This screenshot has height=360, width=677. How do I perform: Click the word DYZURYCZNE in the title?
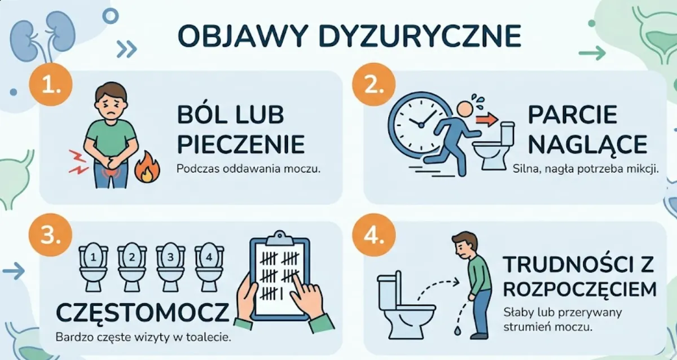tap(420, 36)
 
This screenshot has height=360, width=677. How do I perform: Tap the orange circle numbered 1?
tap(51, 85)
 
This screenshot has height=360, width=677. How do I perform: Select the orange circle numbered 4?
tap(374, 235)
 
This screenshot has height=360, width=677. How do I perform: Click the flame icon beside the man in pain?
tap(147, 167)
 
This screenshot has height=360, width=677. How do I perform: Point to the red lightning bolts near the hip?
tap(78, 162)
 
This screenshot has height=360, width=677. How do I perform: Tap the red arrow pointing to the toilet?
tap(487, 120)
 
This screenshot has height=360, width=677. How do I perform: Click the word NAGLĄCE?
tap(587, 145)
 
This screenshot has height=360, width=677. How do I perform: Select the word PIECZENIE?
tap(241, 145)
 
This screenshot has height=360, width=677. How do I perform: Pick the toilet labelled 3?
tap(170, 266)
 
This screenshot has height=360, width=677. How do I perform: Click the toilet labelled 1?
tap(94, 266)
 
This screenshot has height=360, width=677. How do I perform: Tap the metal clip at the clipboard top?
tap(280, 239)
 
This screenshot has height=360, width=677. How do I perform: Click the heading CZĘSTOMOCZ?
tap(143, 313)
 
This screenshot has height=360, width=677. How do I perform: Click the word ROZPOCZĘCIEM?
tap(580, 289)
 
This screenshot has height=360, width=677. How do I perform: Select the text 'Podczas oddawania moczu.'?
tap(248, 169)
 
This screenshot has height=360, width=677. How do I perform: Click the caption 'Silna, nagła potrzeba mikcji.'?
tap(586, 169)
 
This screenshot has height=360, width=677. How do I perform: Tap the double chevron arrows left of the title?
tap(126, 49)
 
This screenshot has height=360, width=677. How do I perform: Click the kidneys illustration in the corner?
tap(42, 37)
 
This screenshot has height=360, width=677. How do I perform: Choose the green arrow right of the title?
tap(592, 53)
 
